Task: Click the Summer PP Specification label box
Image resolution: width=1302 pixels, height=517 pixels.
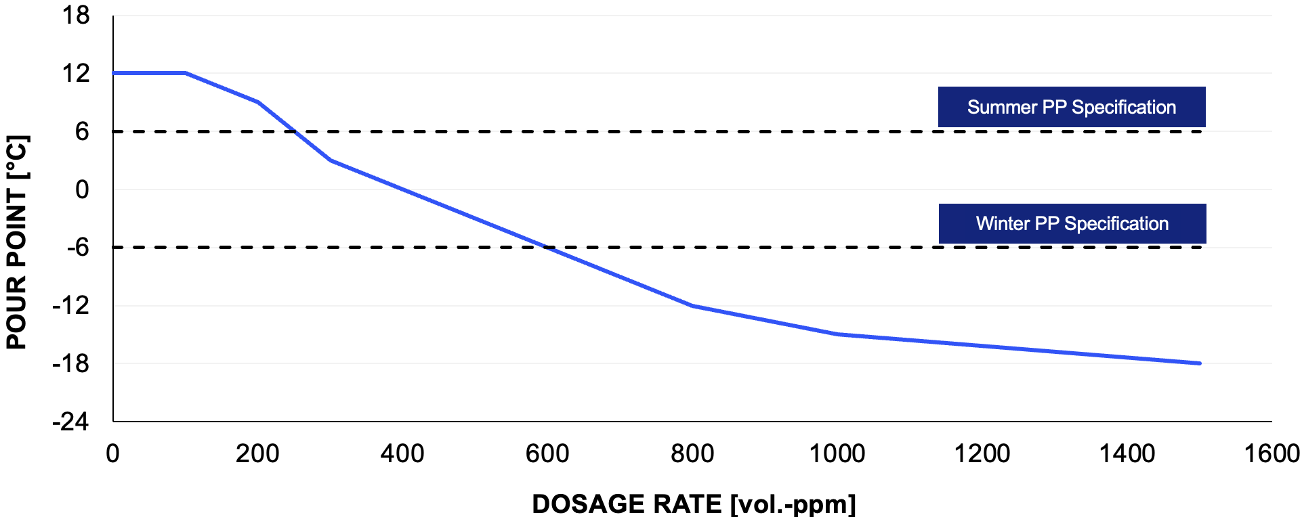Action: point(1071,107)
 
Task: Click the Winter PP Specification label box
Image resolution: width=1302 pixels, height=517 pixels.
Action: point(1072,223)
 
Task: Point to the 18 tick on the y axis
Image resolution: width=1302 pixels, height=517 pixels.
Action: point(76,15)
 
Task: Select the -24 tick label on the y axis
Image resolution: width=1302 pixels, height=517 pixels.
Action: point(70,422)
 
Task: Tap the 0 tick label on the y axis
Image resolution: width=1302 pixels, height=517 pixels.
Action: point(82,189)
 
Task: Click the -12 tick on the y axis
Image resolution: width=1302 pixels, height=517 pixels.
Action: point(70,306)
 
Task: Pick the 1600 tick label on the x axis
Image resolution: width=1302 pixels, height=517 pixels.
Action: point(1272,453)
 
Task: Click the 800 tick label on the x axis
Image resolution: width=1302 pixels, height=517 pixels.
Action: point(692,453)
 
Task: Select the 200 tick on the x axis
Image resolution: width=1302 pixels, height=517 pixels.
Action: point(257,453)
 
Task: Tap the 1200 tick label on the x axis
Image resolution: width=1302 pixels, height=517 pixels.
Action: point(982,453)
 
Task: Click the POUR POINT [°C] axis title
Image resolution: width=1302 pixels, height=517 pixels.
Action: point(16,242)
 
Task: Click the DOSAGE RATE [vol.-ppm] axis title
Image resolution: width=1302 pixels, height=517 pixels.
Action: point(694,504)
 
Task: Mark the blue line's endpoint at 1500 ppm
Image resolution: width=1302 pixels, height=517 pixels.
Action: point(1199,363)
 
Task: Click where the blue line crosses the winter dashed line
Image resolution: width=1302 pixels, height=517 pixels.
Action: point(547,248)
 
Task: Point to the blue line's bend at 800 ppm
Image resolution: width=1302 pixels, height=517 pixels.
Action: point(692,306)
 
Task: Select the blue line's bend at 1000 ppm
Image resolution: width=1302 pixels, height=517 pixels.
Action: point(837,334)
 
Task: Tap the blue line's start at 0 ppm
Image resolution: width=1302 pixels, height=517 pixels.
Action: point(114,73)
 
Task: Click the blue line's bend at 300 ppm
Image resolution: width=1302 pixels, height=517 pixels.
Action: point(331,160)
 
